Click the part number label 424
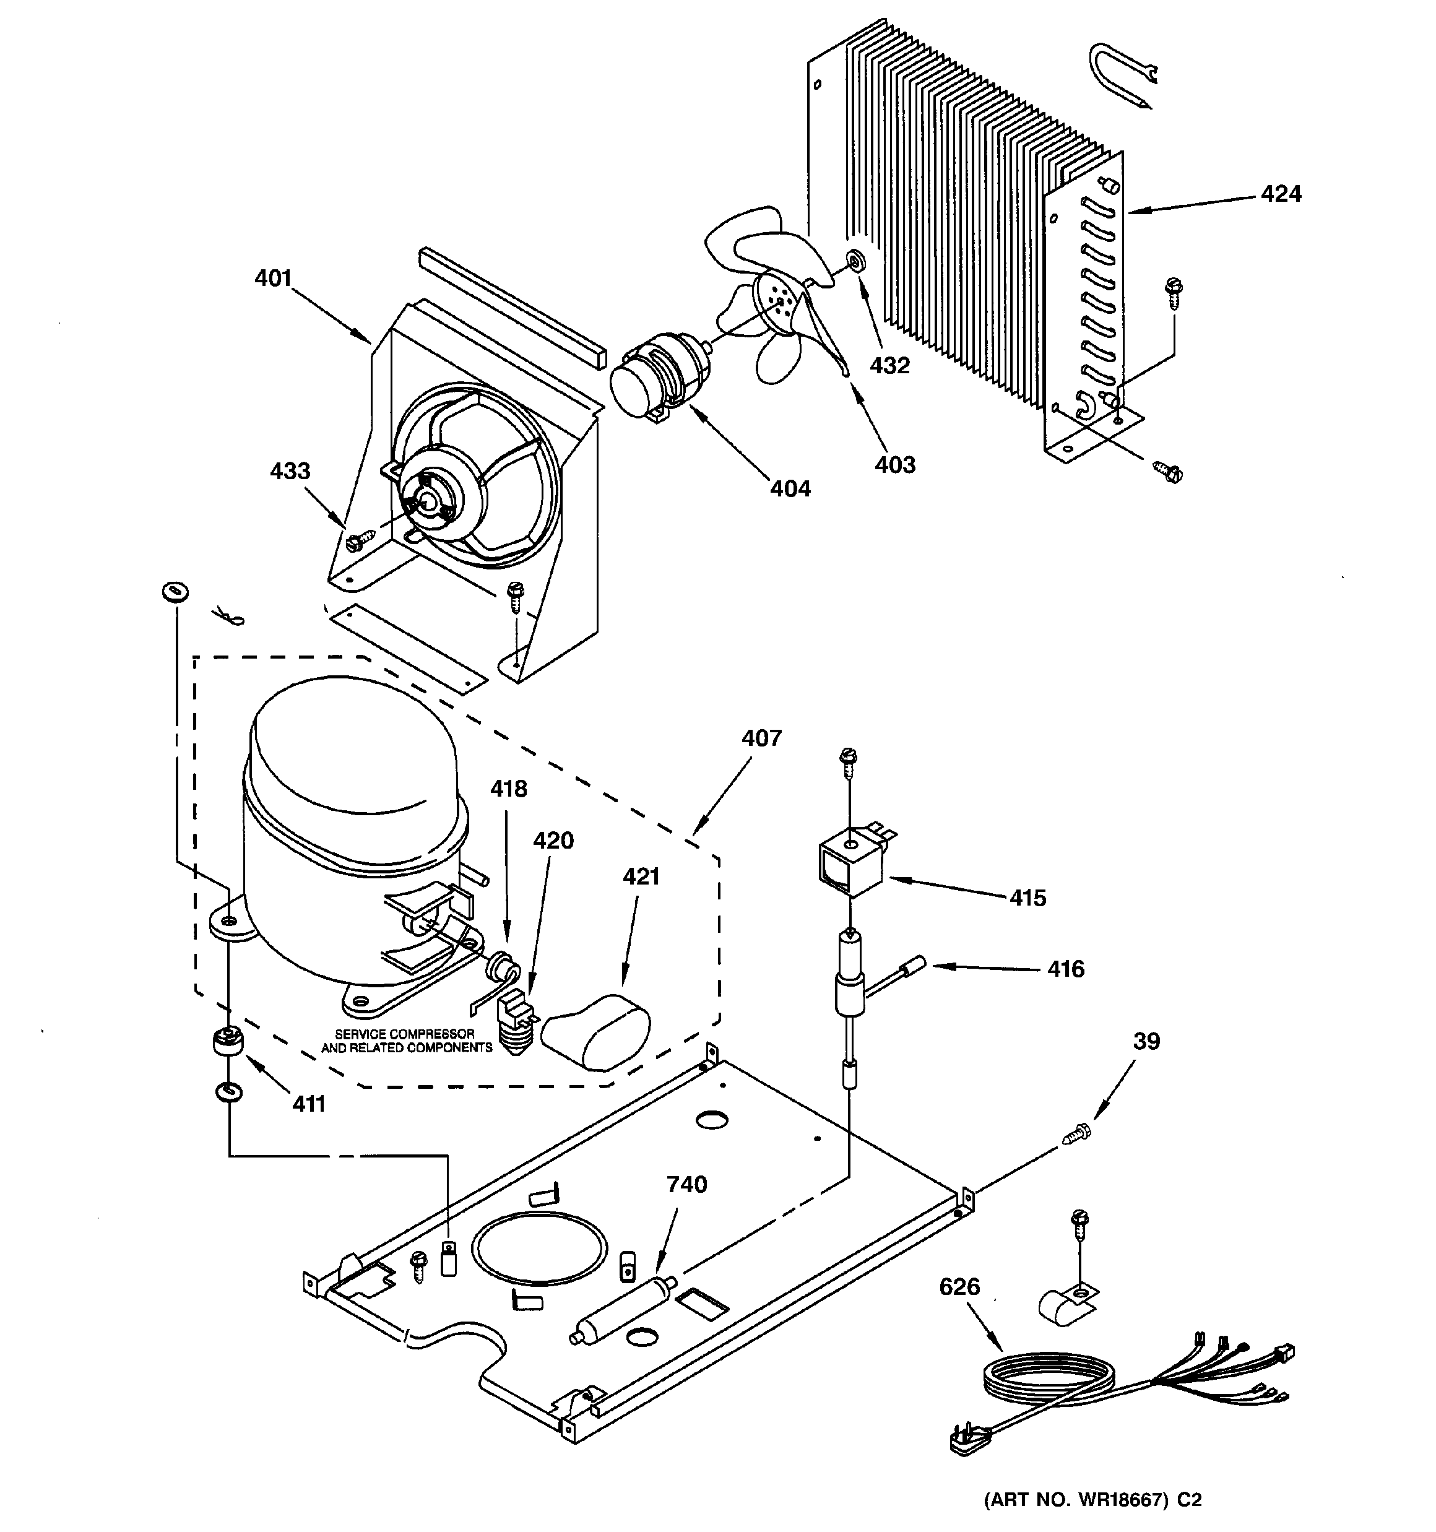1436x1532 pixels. (x=1280, y=194)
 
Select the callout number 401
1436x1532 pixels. (x=273, y=278)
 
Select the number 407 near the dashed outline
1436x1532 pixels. (x=761, y=738)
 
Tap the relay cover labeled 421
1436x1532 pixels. (x=597, y=1031)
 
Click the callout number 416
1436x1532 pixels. (x=1065, y=969)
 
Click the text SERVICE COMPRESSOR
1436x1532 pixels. (x=405, y=1034)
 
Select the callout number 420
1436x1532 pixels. (x=553, y=840)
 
